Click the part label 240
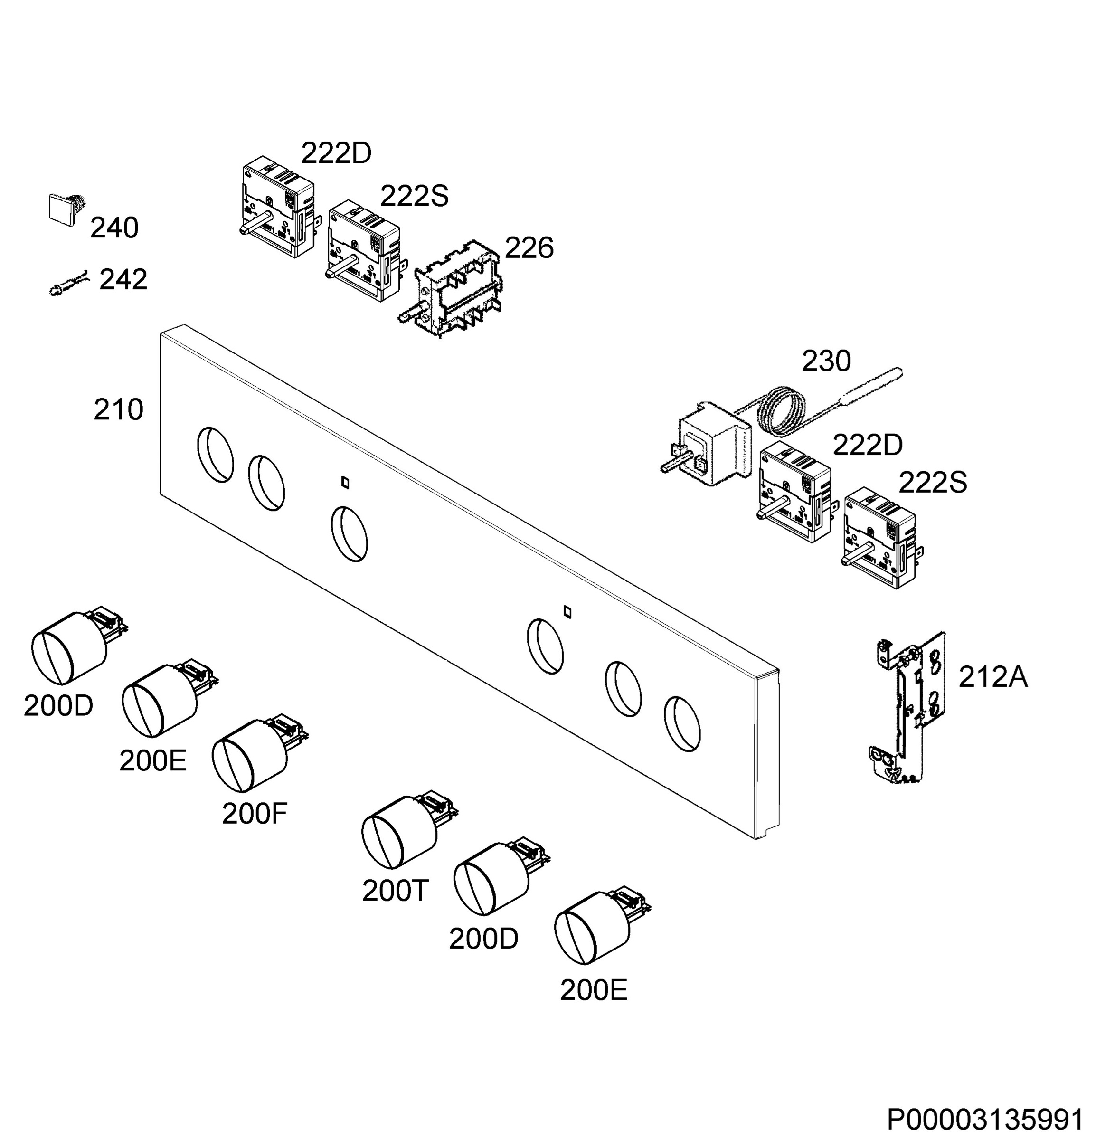point(114,228)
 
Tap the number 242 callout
point(123,280)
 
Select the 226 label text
point(529,248)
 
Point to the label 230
point(826,361)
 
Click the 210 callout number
point(119,410)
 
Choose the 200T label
point(396,891)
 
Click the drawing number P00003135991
point(985,1120)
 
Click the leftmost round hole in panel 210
point(215,455)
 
